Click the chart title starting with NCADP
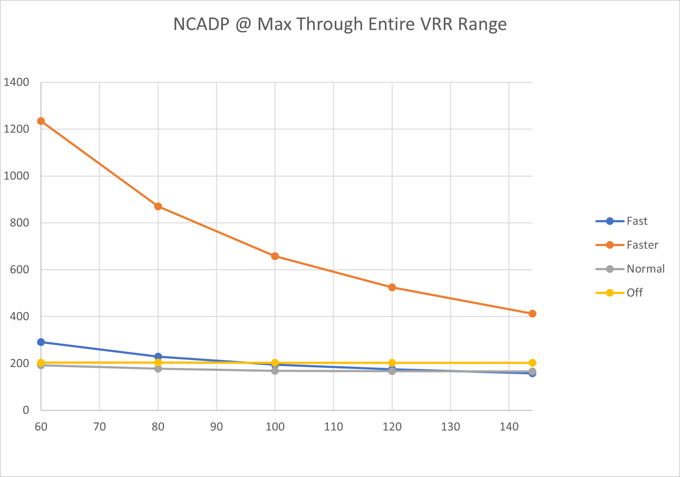pyautogui.click(x=340, y=24)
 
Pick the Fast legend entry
pyautogui.click(x=637, y=221)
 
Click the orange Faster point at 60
pyautogui.click(x=41, y=121)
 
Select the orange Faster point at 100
pyautogui.click(x=275, y=256)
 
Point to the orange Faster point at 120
pyautogui.click(x=392, y=287)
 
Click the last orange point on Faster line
pyautogui.click(x=532, y=314)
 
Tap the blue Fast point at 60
pyautogui.click(x=41, y=342)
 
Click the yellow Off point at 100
pyautogui.click(x=275, y=363)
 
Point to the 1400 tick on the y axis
pyautogui.click(x=16, y=82)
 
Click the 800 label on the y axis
pyautogui.click(x=19, y=223)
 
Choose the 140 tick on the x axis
pyautogui.click(x=509, y=427)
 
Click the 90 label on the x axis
pyautogui.click(x=217, y=427)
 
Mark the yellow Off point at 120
pyautogui.click(x=392, y=363)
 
